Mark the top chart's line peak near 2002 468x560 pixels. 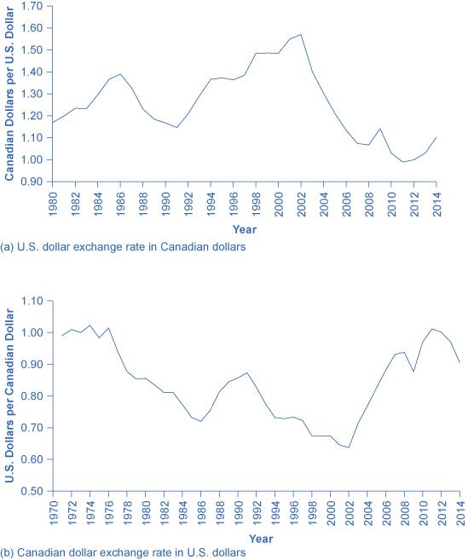coord(300,35)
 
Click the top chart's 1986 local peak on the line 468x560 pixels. coord(120,74)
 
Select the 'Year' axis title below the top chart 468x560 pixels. coord(245,228)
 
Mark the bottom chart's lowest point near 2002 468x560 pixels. coord(349,447)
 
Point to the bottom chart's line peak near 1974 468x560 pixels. coord(90,325)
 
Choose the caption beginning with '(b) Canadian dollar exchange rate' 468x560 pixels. coord(124,552)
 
